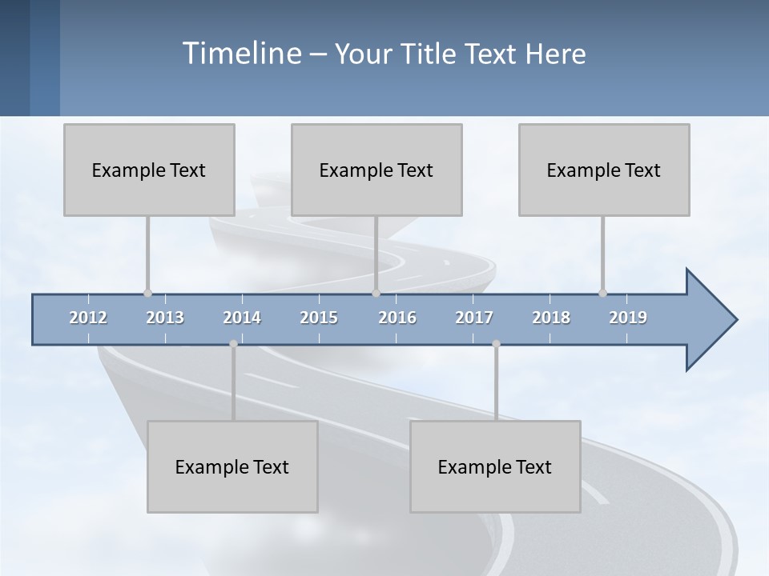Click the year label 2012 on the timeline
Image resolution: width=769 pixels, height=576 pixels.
pos(88,318)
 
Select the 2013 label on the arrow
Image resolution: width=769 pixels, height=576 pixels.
pos(165,318)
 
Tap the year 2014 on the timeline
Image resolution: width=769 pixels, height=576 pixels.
pos(242,318)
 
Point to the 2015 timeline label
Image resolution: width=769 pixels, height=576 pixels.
pos(319,318)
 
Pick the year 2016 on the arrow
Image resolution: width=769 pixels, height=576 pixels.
pos(397,318)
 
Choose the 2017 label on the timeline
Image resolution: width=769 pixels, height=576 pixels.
pos(474,318)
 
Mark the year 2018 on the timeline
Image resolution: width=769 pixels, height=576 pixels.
pos(551,318)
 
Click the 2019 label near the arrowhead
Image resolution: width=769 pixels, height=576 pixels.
pos(628,318)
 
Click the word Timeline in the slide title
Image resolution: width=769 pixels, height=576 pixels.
pos(240,54)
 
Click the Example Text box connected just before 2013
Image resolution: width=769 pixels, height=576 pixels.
pos(149,170)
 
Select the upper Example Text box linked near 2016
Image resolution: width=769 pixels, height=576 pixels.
pos(376,170)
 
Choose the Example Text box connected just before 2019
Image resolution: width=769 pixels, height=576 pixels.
pos(604,170)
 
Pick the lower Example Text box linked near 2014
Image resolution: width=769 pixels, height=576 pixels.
pos(232,466)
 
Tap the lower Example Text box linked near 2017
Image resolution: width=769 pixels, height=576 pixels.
pos(495,466)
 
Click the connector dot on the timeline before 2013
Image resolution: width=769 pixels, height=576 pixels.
pos(147,293)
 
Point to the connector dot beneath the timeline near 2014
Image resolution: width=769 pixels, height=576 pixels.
pos(233,344)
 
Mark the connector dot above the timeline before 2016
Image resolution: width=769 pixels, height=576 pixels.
pos(376,293)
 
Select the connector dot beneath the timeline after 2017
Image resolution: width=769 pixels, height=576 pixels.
pos(496,344)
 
